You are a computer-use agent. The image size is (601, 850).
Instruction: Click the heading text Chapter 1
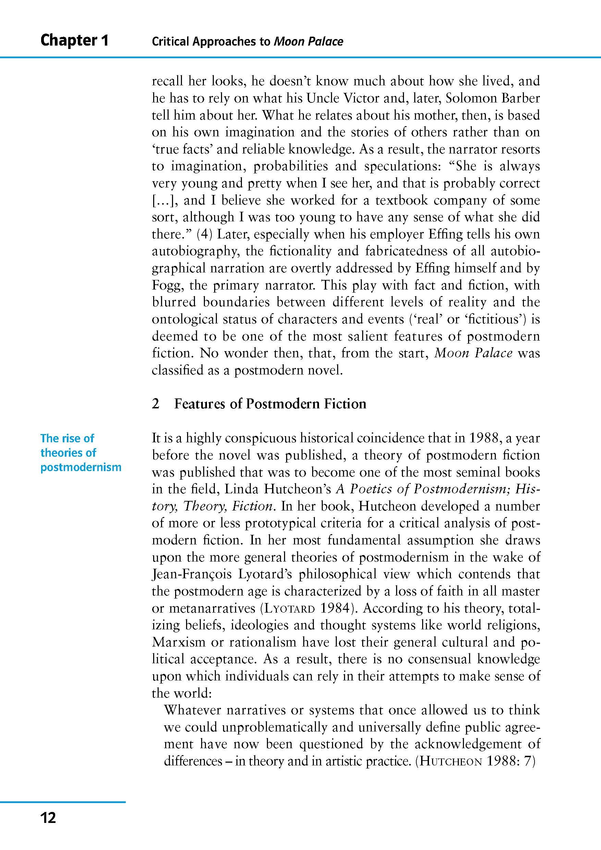click(x=74, y=40)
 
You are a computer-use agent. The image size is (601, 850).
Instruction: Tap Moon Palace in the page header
click(x=308, y=41)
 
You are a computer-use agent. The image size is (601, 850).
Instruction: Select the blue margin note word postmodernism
click(x=81, y=467)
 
